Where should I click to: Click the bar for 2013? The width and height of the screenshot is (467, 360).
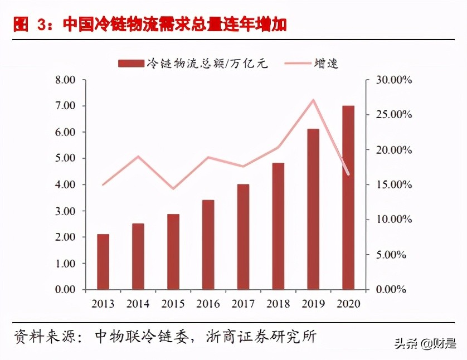coord(103,262)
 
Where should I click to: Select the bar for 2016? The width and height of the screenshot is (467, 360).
coord(208,245)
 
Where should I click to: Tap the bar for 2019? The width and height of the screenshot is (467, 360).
coord(313,209)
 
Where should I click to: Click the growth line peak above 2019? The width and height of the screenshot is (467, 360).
coord(313,100)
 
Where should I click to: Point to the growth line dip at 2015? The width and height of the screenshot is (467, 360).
coord(173,188)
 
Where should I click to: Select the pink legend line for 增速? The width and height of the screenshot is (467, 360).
coord(298,64)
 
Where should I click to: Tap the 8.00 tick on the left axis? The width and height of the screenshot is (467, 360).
coord(66,80)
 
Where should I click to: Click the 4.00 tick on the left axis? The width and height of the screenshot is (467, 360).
coord(66,184)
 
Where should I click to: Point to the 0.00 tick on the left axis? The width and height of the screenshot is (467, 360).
coord(66,290)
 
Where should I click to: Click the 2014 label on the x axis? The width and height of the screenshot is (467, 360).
coord(138,304)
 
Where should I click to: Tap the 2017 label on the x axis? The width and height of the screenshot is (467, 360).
coord(243,304)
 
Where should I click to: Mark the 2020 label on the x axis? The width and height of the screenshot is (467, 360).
coord(348,304)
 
